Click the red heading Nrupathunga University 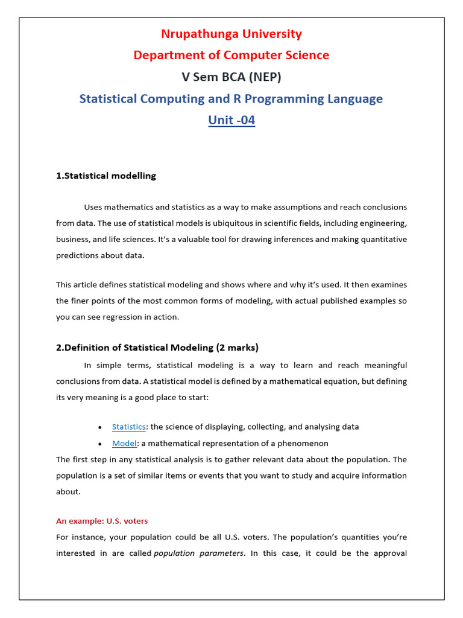[x=231, y=34]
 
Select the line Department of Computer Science [x=231, y=56]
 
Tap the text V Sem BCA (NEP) [x=231, y=77]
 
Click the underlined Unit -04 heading [x=231, y=120]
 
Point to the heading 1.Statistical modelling [x=106, y=176]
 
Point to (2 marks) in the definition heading [x=238, y=348]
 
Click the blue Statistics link [x=128, y=427]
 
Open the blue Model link [x=124, y=444]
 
